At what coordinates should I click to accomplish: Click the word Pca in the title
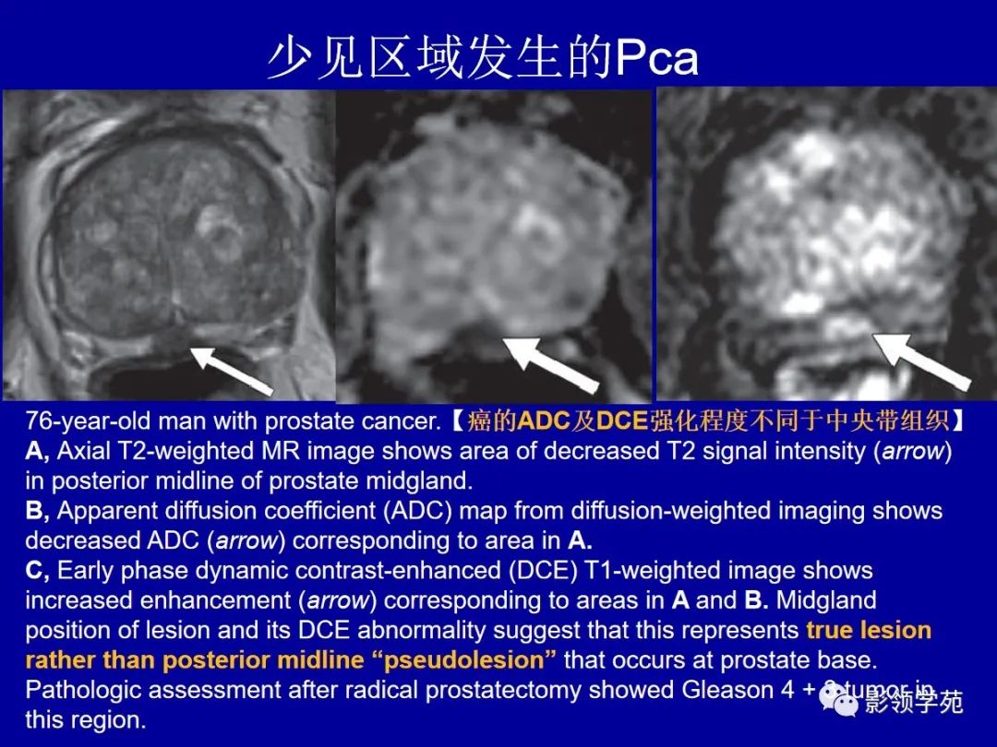[656, 59]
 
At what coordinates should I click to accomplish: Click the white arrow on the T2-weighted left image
[230, 369]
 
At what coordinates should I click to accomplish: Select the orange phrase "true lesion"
[869, 631]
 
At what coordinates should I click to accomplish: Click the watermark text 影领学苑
[913, 704]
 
